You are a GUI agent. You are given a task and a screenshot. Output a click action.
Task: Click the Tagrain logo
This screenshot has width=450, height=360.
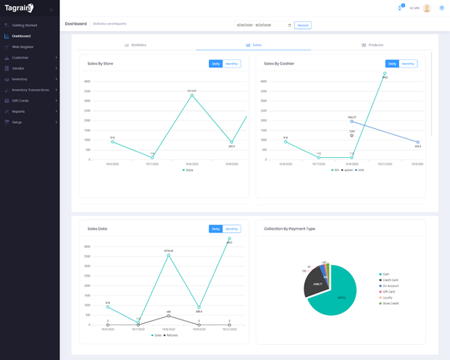tap(19, 9)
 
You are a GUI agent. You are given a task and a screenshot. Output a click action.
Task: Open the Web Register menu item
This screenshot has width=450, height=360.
tap(22, 47)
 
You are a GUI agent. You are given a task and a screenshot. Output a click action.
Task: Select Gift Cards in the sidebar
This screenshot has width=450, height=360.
tap(20, 101)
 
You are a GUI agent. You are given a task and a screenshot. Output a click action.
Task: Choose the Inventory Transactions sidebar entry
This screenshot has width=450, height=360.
tap(30, 90)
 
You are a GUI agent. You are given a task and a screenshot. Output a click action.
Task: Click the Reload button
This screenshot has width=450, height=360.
tap(303, 25)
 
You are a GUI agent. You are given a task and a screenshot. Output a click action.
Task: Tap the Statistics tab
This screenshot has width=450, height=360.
tap(136, 45)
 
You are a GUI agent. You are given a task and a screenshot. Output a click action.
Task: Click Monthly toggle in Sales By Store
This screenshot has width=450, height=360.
tap(232, 64)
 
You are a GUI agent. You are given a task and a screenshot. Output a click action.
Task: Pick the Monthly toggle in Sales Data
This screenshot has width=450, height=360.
tap(232, 229)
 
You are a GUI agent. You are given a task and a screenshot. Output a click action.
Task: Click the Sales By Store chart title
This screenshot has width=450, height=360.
tap(100, 64)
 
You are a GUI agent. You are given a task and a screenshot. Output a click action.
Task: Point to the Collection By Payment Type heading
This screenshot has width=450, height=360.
tap(289, 229)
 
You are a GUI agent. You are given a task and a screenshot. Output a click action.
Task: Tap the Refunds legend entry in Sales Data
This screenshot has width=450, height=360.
tap(171, 335)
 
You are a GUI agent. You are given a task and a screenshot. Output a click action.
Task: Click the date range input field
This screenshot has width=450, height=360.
tap(262, 25)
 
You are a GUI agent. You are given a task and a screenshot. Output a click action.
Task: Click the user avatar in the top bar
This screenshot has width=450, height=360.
tap(427, 8)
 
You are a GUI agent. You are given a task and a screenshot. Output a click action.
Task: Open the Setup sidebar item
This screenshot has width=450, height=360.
tap(17, 122)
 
